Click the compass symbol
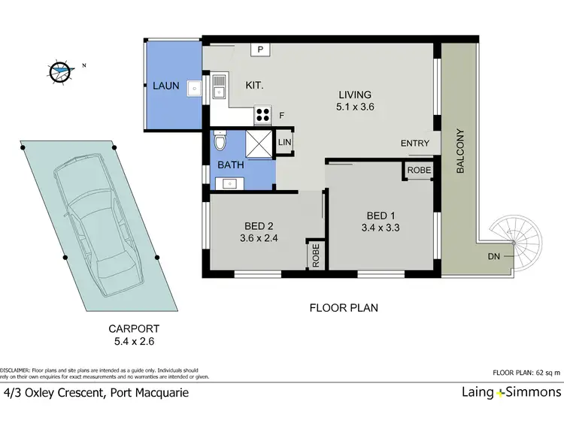pos(59,72)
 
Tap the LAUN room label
pos(165,86)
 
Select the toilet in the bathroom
pos(220,142)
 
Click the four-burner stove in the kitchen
pos(264,115)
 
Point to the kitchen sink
pos(219,86)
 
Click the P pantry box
pos(260,50)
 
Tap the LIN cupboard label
pos(285,142)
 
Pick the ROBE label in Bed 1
pos(419,171)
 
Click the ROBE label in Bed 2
pos(314,255)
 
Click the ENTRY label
pos(415,143)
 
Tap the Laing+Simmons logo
pos(511,392)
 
